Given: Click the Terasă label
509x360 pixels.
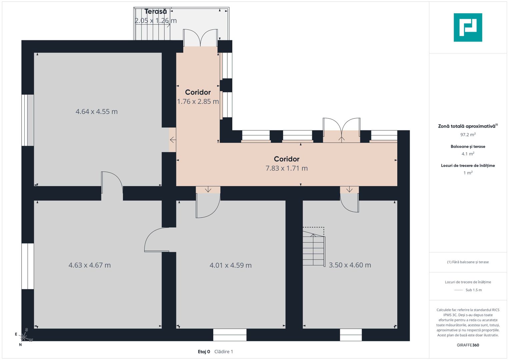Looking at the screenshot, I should [x=155, y=12].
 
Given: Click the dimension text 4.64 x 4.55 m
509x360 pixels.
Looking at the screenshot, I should [x=97, y=112].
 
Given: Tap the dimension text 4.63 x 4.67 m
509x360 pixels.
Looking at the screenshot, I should [x=90, y=265].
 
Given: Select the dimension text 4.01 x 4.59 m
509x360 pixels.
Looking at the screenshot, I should [x=231, y=265].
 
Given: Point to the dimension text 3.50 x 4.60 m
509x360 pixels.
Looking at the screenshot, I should [x=350, y=265].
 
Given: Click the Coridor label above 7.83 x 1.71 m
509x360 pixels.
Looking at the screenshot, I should [x=287, y=159].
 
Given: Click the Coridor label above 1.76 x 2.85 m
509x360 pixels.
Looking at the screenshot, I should [x=198, y=92].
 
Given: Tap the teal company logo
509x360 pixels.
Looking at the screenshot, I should [x=468, y=27].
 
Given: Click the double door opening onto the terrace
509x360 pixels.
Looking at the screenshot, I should [x=200, y=38].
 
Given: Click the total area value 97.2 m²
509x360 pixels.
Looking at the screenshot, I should [x=468, y=135].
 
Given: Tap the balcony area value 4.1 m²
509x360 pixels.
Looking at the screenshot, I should [x=468, y=154].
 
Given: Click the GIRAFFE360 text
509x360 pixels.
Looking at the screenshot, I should [x=468, y=345].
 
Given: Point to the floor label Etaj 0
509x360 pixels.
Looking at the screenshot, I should [x=204, y=352].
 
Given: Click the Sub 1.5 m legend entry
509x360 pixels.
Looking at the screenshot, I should [x=473, y=290].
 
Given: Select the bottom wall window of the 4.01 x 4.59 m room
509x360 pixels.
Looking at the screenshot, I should [x=230, y=335].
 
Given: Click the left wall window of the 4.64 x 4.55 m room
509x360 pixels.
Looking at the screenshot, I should [x=28, y=120].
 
